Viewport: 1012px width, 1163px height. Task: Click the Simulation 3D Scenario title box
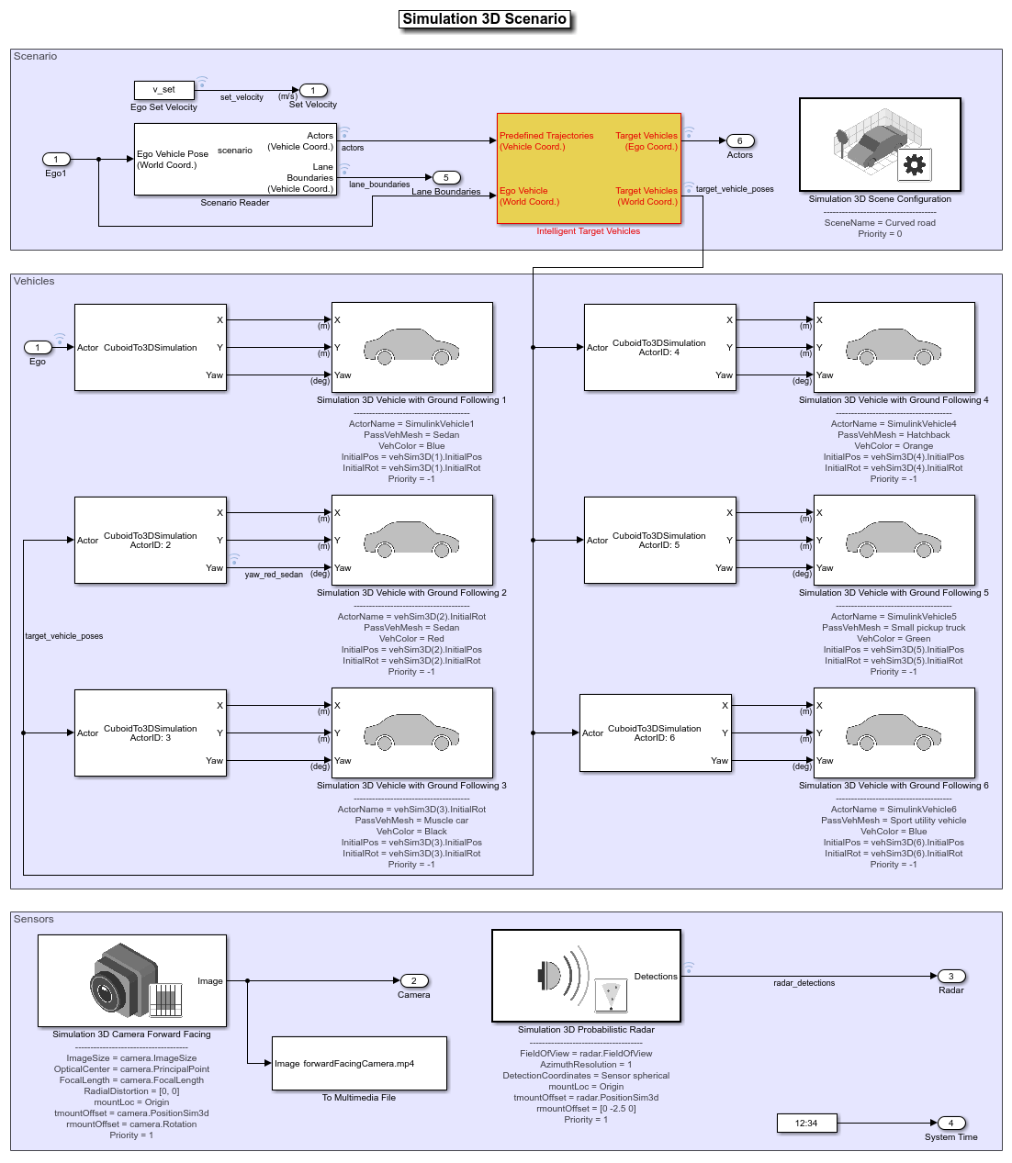(484, 19)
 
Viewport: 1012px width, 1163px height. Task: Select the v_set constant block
(163, 90)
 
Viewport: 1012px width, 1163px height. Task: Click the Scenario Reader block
(235, 159)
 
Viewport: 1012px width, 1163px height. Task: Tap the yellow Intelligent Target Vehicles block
(589, 168)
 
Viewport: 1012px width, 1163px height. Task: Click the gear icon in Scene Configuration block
(914, 165)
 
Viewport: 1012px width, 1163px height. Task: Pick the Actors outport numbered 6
(739, 140)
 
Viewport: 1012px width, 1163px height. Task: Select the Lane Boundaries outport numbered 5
(445, 177)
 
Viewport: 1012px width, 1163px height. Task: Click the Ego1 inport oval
(56, 159)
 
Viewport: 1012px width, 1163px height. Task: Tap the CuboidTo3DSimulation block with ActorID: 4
(659, 347)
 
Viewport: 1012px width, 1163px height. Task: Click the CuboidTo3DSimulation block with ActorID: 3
(150, 732)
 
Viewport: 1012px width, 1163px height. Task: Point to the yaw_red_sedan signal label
(274, 575)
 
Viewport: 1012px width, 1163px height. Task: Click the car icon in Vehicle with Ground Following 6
(893, 732)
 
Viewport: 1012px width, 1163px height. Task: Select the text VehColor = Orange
(894, 445)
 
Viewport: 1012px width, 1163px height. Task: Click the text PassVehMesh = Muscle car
(411, 821)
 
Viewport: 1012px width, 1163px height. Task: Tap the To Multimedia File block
(359, 1063)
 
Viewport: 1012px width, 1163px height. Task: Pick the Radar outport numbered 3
(950, 976)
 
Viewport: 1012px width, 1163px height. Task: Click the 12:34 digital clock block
(806, 1123)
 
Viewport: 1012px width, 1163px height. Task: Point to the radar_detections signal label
(804, 983)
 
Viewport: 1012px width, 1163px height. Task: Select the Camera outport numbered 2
(413, 980)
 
